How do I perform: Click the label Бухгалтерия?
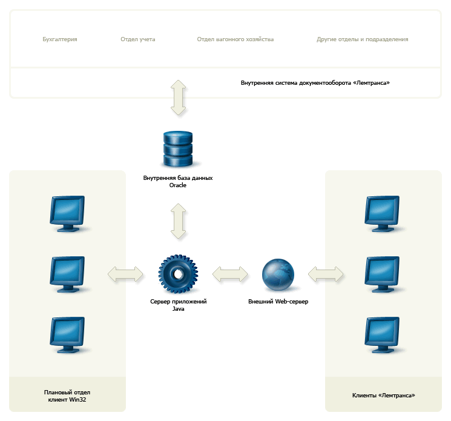click(x=60, y=39)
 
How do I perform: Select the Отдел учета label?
click(x=138, y=39)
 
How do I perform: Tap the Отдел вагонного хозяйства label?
click(x=235, y=39)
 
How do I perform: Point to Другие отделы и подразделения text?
click(x=363, y=39)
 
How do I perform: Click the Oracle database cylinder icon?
click(x=178, y=149)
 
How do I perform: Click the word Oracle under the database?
click(x=178, y=185)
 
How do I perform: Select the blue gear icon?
click(x=178, y=274)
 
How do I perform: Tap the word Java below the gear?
click(x=179, y=309)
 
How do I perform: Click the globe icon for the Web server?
click(x=278, y=274)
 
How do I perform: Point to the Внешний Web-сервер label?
click(x=278, y=302)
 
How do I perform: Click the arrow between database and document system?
click(x=179, y=98)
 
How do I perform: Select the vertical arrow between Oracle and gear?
click(x=179, y=221)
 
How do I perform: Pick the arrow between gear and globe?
click(x=230, y=274)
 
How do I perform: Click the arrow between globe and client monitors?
click(x=326, y=274)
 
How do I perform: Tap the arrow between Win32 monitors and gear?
click(x=125, y=274)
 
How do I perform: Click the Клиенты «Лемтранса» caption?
click(x=384, y=396)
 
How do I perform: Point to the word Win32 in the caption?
click(x=77, y=400)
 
